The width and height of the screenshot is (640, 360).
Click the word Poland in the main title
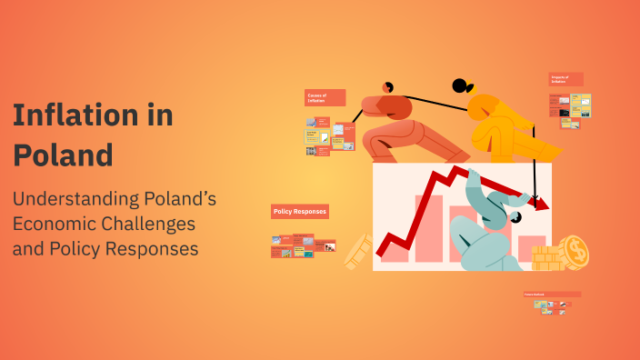[63, 155]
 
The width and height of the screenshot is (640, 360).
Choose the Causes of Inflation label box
[325, 98]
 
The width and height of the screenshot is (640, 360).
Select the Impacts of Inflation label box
[565, 80]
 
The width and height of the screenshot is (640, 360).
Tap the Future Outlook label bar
[552, 295]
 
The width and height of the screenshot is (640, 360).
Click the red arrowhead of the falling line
[542, 204]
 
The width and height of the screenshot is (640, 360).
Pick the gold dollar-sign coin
[575, 252]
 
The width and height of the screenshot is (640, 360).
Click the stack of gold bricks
[547, 258]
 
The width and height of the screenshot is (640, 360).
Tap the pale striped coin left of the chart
[357, 251]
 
